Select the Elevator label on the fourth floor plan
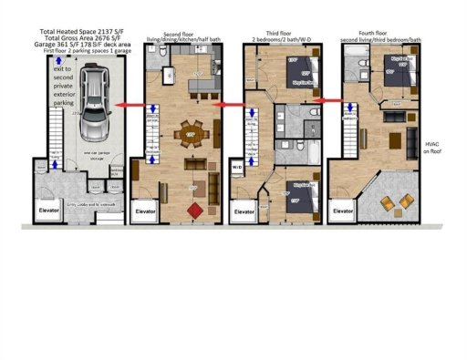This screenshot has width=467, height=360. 344,211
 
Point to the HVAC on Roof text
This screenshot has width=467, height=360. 433,149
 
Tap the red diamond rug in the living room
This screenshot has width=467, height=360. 192,210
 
